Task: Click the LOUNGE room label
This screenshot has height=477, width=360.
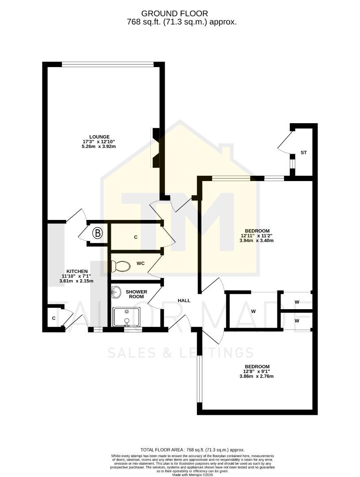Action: (99, 136)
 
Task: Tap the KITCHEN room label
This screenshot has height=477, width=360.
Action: (77, 271)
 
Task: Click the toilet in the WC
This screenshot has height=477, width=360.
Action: (121, 266)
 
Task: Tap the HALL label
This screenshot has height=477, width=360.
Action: (184, 300)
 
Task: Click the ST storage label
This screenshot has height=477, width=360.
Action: (303, 152)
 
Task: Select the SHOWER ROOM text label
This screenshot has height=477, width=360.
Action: (136, 294)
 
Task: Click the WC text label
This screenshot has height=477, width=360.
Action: (140, 263)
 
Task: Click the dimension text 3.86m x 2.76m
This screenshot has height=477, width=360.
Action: (257, 376)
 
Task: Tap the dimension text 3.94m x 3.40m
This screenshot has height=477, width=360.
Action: (257, 241)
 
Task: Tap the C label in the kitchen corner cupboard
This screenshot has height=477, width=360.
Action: (53, 318)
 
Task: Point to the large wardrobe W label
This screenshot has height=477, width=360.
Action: (254, 311)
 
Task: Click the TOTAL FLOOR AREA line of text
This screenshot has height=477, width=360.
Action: (192, 450)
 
